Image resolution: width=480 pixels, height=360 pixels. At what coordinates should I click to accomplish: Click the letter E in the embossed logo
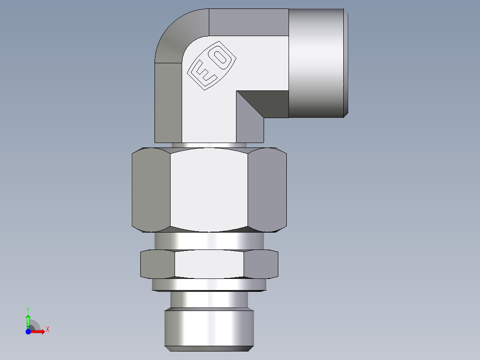(203, 74)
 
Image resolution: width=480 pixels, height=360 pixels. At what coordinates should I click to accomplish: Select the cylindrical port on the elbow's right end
(317, 63)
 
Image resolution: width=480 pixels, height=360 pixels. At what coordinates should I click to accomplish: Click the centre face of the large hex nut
(209, 191)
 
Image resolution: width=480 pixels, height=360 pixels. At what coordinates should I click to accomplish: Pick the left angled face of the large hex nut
(151, 191)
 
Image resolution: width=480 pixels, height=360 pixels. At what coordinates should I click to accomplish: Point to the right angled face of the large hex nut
(267, 191)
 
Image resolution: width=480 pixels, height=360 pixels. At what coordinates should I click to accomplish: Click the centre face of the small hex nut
(209, 264)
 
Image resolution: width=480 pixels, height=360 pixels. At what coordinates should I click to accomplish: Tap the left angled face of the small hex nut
(158, 264)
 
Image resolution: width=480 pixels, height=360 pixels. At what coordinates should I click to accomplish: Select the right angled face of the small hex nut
(260, 264)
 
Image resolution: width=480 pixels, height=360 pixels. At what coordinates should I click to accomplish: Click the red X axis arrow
(38, 331)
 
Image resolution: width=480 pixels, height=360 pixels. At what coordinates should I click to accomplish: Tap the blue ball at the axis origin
(28, 331)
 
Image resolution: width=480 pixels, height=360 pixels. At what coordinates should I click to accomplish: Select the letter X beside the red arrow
(48, 330)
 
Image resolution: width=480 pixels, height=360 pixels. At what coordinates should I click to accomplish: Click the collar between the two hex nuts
(209, 241)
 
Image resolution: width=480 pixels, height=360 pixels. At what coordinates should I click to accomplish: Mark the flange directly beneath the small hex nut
(209, 285)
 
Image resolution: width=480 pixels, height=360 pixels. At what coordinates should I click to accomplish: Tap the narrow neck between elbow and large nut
(209, 145)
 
